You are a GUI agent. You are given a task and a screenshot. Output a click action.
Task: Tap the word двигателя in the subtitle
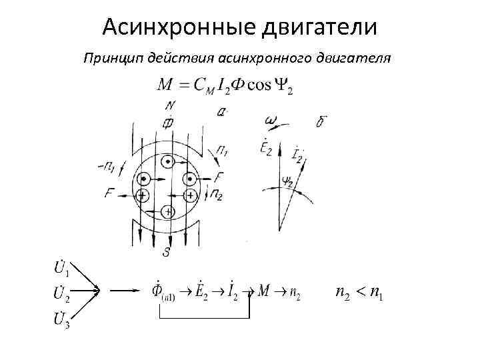click(x=363, y=58)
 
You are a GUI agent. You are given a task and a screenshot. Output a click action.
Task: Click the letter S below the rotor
click(x=167, y=253)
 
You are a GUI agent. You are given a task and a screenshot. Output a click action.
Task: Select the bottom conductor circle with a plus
click(x=167, y=211)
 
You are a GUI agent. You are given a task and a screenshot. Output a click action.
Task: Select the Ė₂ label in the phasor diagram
click(x=265, y=148)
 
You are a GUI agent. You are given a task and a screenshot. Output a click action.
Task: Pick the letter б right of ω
click(x=321, y=121)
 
